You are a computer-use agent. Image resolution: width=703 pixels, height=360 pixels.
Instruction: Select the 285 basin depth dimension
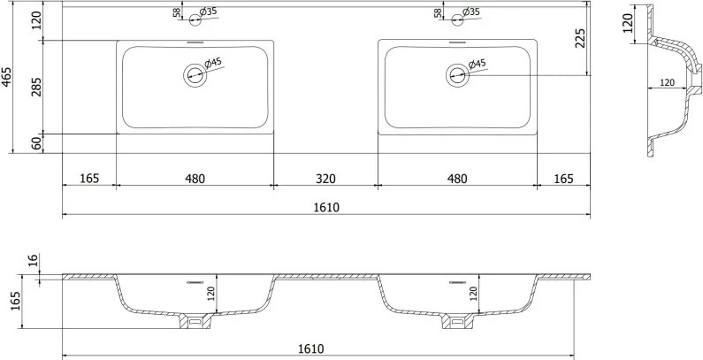pos(36,87)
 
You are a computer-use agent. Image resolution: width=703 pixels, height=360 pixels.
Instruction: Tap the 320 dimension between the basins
pos(325,179)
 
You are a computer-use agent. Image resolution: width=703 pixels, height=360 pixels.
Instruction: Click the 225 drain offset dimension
pos(581,39)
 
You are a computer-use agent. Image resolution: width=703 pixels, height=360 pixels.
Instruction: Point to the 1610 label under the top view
pos(326,208)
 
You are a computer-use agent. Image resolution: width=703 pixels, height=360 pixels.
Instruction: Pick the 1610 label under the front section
pos(310,349)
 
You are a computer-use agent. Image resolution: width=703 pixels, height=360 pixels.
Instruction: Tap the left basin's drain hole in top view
pos(195,75)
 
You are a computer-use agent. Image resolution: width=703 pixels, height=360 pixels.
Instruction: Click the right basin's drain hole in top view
pos(457,75)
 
